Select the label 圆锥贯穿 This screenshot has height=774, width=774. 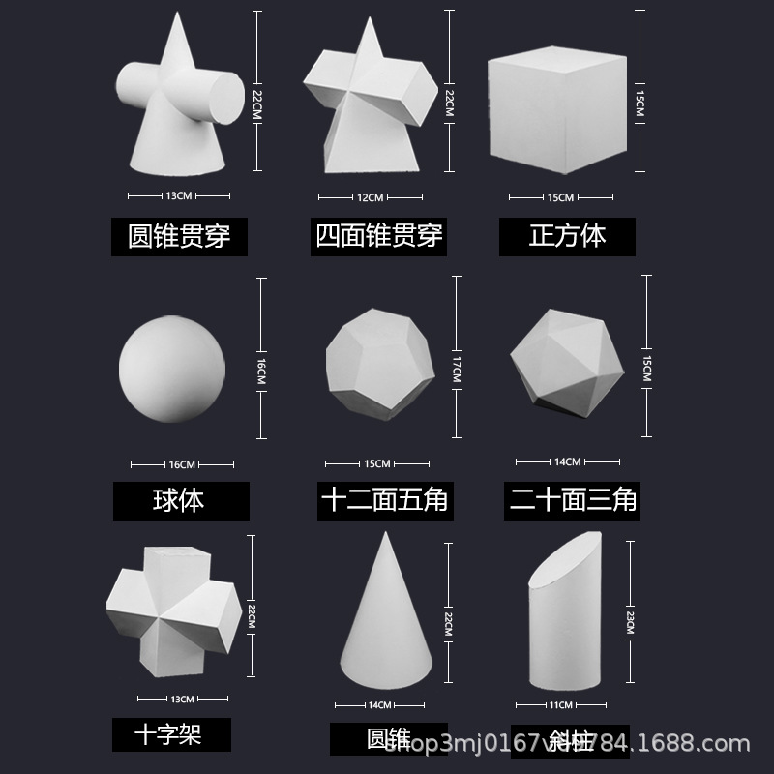179,235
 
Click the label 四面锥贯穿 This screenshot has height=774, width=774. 378,234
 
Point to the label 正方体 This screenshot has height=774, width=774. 567,236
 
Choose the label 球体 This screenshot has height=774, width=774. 179,500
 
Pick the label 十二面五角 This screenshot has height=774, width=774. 384,500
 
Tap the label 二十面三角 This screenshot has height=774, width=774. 573,499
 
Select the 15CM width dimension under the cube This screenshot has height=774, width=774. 560,197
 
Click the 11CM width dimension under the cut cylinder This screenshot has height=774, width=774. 560,704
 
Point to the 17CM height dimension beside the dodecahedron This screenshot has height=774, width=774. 455,369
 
